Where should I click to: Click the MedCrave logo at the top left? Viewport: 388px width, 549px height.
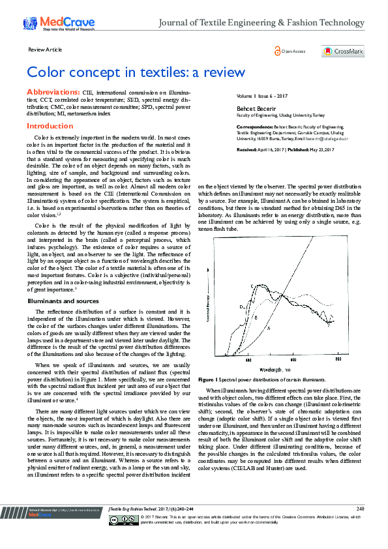point(59,24)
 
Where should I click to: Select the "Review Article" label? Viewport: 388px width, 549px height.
point(45,49)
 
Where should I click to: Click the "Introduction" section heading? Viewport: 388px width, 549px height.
point(50,126)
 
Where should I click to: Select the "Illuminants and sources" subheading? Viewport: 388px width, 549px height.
point(62,301)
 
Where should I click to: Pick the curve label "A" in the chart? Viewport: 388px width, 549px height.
point(269,328)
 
